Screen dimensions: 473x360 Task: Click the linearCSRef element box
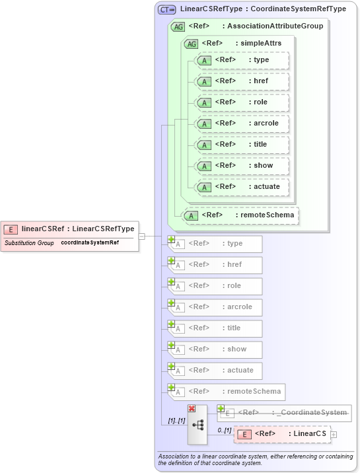coord(69,229)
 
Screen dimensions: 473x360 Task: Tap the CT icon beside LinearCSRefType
coord(166,9)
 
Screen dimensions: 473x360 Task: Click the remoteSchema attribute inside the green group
coord(240,215)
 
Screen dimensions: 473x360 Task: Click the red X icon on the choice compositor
coord(192,409)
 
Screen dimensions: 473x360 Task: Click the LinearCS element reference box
coord(282,434)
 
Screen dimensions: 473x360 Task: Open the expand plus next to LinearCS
coord(334,434)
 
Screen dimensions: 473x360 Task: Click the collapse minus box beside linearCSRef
coord(141,236)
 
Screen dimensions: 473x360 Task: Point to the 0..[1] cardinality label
coord(225,430)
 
